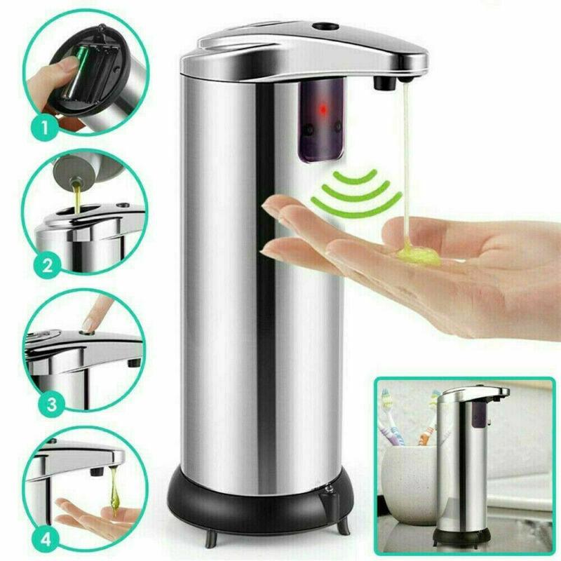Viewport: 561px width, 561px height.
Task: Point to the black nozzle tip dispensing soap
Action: (x=382, y=83)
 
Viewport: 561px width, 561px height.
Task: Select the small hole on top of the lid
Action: (x=324, y=27)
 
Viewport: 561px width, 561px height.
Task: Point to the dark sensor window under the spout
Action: (x=323, y=119)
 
